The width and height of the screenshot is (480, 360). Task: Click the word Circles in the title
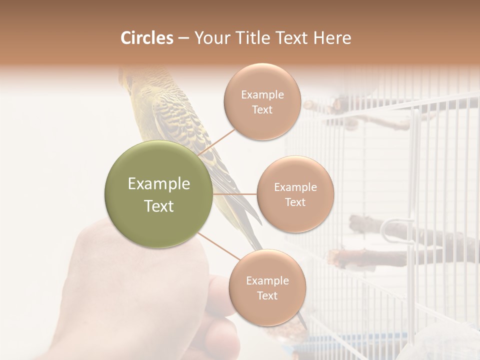point(146,38)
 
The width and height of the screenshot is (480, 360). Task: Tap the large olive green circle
point(159,195)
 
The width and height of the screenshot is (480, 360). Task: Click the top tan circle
point(262,102)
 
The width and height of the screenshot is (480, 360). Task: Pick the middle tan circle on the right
point(295,194)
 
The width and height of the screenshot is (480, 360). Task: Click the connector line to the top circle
point(216,142)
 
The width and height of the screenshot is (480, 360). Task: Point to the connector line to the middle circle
point(235,194)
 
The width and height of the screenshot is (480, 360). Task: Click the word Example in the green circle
point(159,184)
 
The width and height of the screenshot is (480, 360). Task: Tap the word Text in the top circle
point(262,110)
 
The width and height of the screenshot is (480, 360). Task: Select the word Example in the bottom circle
point(267,280)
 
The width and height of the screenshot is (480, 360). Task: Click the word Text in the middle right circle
point(295,202)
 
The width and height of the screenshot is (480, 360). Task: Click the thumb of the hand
point(220,295)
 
